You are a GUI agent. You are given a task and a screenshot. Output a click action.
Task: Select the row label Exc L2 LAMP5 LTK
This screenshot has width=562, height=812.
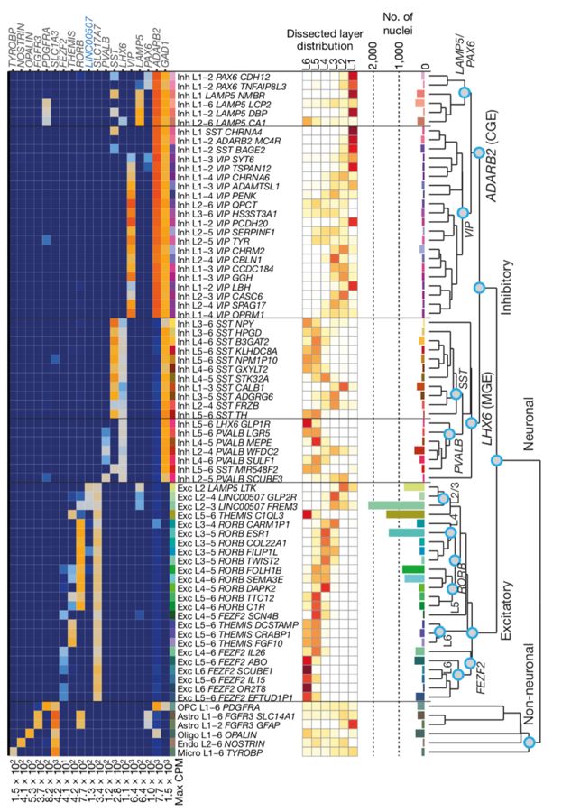219,486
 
